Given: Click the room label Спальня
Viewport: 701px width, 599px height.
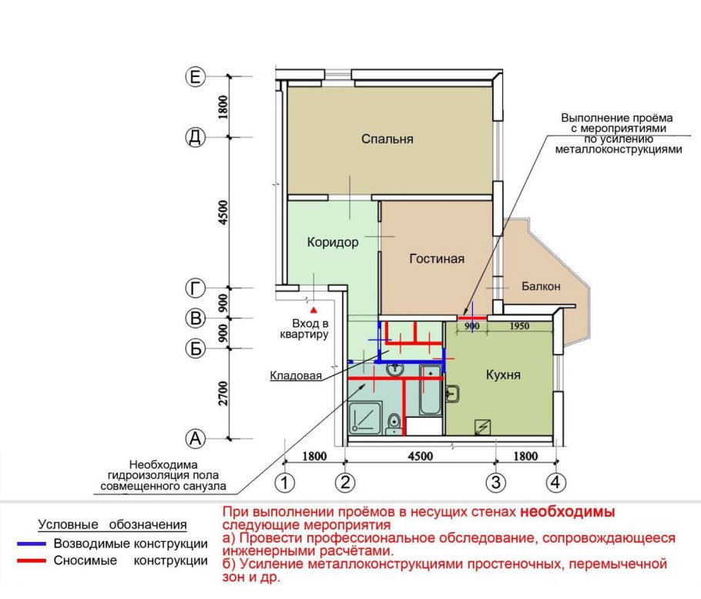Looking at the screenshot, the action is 387,139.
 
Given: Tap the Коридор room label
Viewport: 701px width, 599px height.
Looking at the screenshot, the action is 333,243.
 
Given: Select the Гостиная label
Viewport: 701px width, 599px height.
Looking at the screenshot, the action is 437,258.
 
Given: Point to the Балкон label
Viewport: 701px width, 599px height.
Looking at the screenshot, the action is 541,286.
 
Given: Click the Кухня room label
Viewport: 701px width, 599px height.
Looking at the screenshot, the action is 503,375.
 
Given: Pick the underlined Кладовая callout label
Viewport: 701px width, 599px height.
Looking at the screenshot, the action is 296,375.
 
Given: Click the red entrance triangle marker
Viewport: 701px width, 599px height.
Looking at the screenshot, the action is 314,310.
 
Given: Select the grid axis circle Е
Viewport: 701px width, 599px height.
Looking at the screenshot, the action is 196,77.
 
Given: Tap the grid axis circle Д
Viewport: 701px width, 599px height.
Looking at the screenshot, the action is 196,137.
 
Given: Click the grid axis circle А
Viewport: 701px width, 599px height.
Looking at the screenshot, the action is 196,439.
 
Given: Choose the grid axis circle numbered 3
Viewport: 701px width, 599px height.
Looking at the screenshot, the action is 496,483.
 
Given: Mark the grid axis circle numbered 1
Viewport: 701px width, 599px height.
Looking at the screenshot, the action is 284,483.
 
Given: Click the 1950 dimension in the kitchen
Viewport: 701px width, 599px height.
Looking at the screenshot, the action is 519,326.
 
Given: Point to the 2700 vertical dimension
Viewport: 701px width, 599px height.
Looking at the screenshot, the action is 223,394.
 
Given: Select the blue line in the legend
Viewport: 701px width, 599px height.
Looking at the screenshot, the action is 32,544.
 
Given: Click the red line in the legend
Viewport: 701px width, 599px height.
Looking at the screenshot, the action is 32,560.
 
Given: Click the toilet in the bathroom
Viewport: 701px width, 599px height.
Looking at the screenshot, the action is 394,424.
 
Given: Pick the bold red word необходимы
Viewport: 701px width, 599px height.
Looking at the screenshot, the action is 567,512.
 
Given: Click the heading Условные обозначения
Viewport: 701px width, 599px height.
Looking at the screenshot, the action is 112,525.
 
